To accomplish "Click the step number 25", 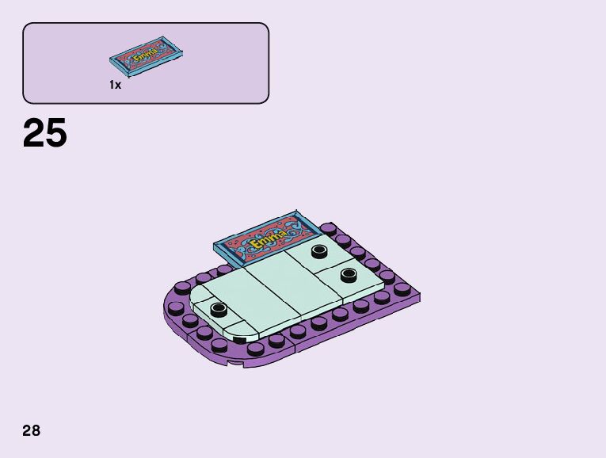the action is pyautogui.click(x=45, y=133).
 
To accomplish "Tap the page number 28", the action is pyautogui.click(x=32, y=430).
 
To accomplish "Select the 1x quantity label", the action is pyautogui.click(x=115, y=85).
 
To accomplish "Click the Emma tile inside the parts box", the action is pyautogui.click(x=146, y=56).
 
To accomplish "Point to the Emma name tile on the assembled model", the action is pyautogui.click(x=268, y=239).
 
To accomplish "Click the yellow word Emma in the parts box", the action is pyautogui.click(x=146, y=55).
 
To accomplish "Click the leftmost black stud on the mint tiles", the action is pyautogui.click(x=219, y=308).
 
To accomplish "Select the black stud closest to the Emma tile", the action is pyautogui.click(x=319, y=251).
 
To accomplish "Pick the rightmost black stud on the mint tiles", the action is pyautogui.click(x=349, y=275).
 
